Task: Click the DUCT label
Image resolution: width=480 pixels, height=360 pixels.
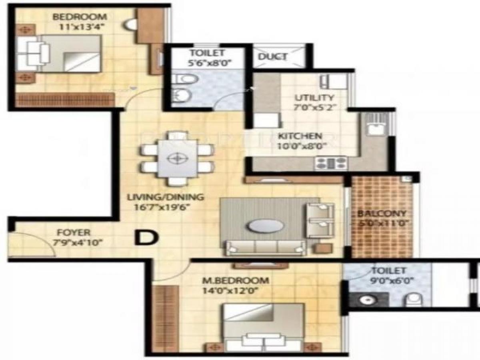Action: (273, 56)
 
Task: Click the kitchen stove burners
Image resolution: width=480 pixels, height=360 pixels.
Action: (331, 162)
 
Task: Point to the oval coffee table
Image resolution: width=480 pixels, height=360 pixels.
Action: (265, 226)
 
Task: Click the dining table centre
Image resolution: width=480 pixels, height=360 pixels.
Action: (176, 158)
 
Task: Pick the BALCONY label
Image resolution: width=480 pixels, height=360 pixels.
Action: (382, 214)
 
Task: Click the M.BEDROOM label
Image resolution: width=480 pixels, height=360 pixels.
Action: (235, 280)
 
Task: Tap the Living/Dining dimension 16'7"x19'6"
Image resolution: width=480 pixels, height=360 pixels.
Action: (158, 207)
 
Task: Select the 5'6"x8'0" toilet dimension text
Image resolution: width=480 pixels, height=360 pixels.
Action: (208, 63)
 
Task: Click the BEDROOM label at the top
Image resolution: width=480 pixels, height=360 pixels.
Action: (80, 17)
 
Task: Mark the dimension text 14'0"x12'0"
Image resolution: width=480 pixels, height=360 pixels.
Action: (229, 290)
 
